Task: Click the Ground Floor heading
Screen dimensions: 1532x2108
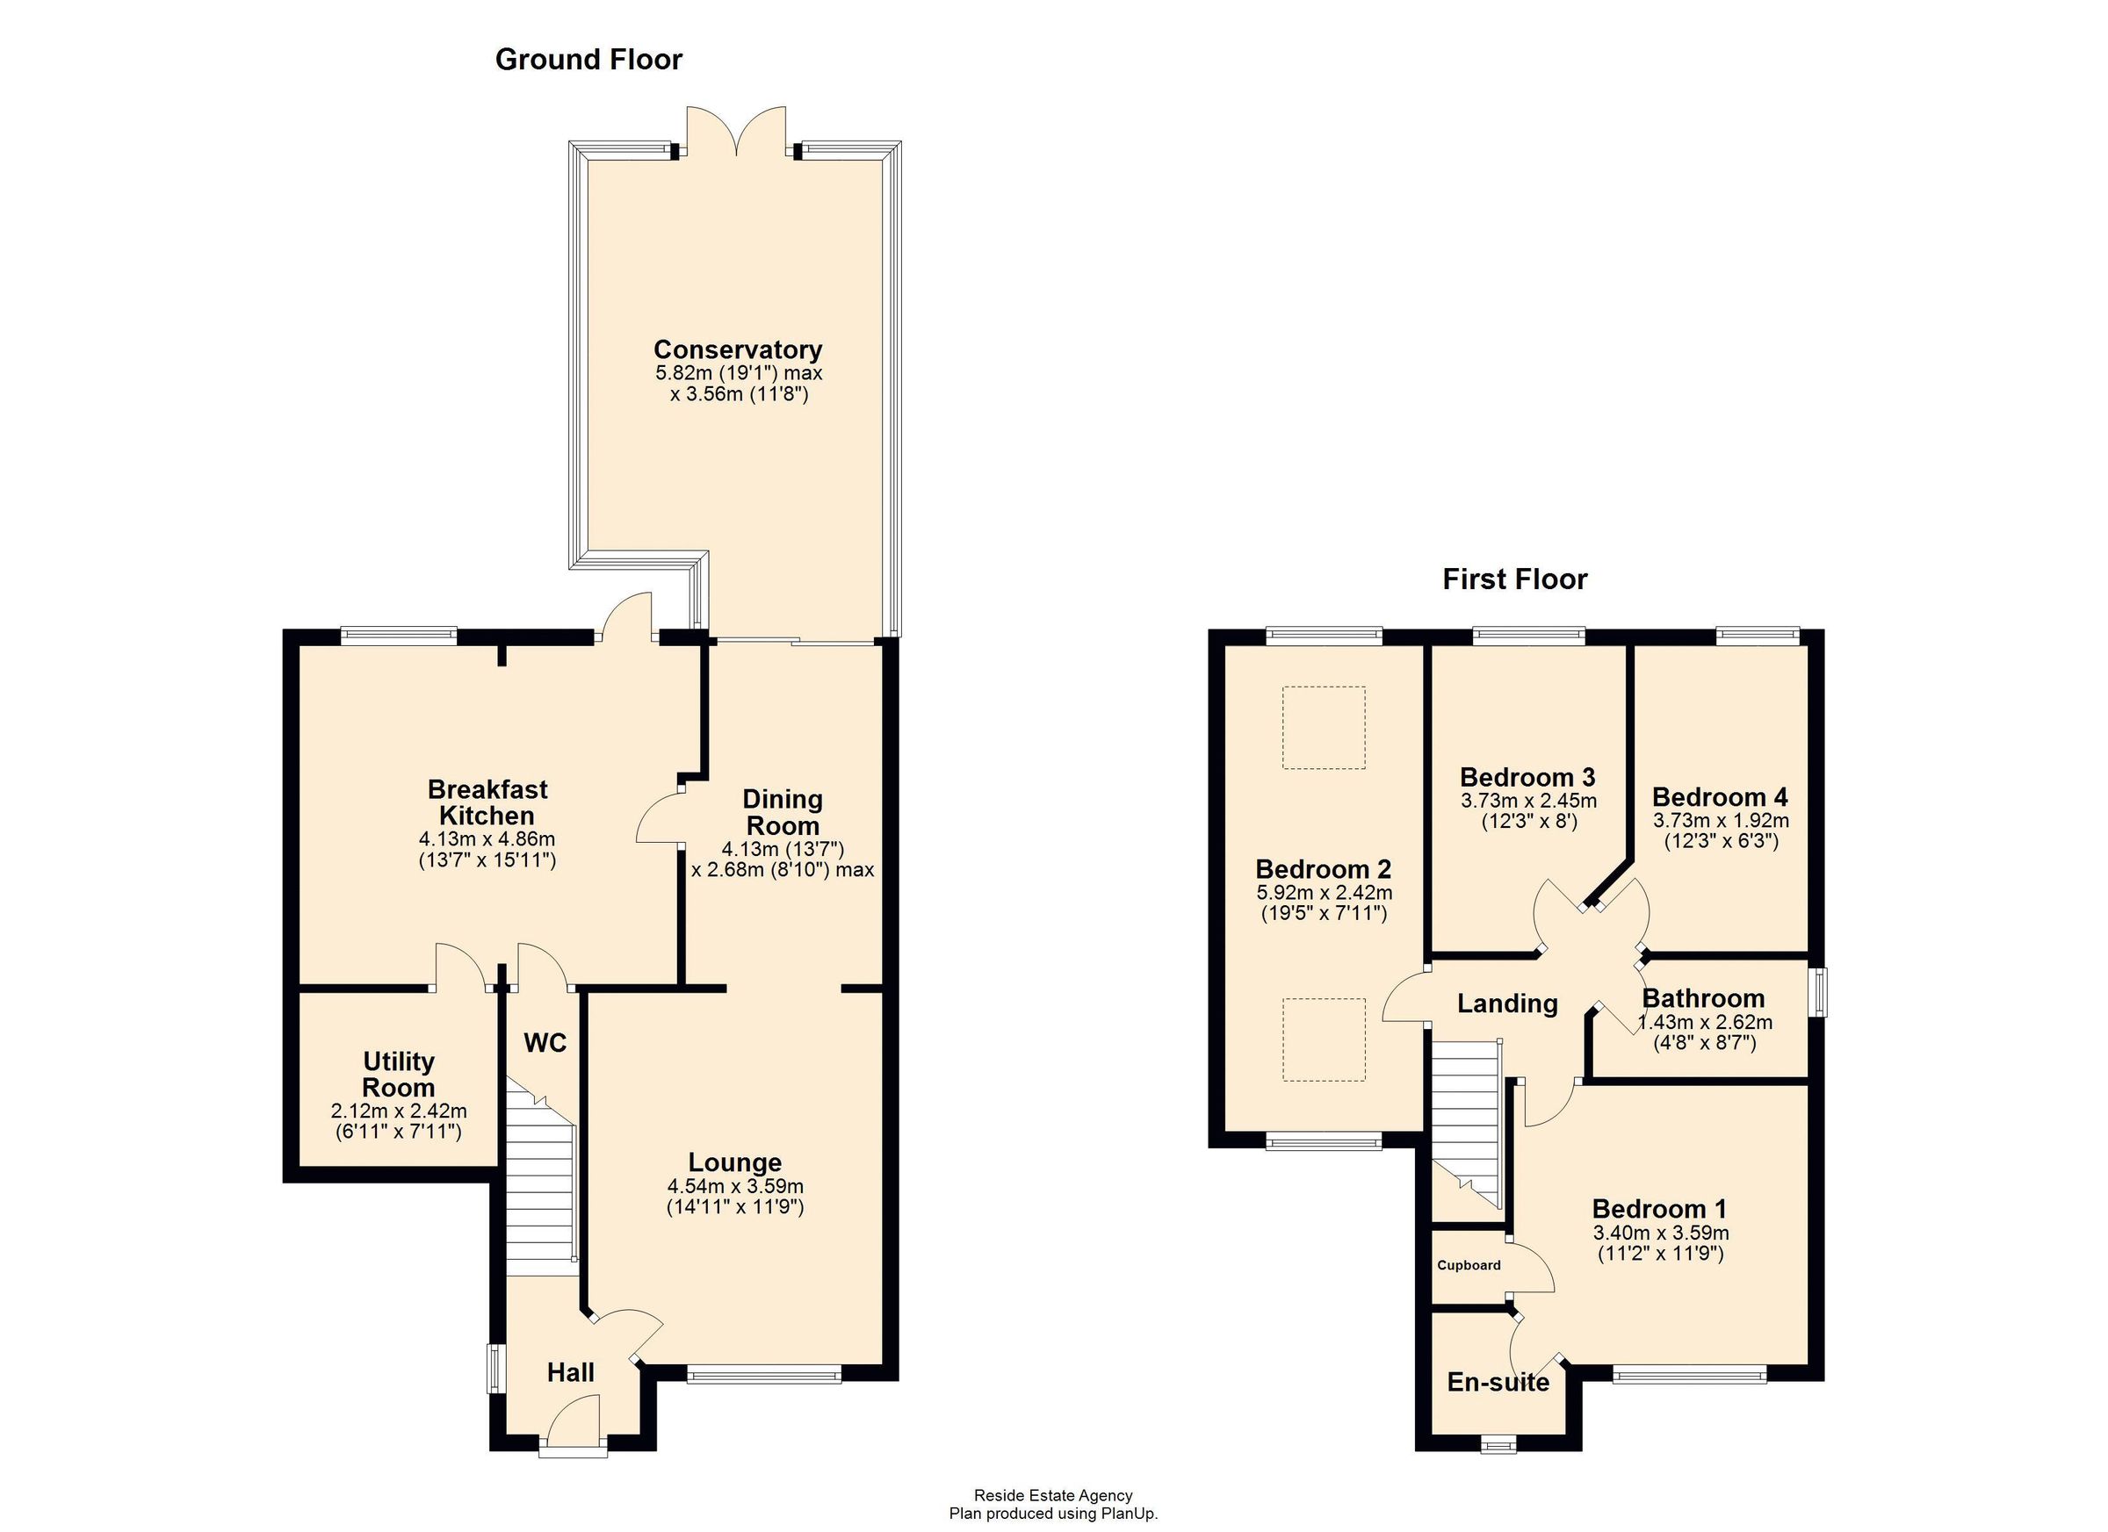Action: click(x=588, y=60)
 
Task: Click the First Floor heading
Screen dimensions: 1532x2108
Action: click(x=1514, y=579)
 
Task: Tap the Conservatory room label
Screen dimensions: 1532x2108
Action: click(x=738, y=349)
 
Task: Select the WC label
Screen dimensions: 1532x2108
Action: click(x=545, y=1043)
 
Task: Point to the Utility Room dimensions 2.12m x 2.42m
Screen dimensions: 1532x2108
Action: click(x=399, y=1111)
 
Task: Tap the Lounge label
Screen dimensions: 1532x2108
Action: click(x=734, y=1162)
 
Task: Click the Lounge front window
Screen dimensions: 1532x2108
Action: click(x=764, y=1376)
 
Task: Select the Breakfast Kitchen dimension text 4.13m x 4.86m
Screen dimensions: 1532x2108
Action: click(x=487, y=839)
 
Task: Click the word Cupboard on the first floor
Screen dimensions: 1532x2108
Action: click(x=1469, y=1265)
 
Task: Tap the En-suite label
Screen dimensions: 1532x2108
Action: click(x=1498, y=1383)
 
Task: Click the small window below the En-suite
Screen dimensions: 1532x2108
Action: click(x=1498, y=1445)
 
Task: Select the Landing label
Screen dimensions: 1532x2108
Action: click(x=1507, y=1003)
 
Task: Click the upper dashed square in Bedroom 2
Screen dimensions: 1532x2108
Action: click(x=1324, y=728)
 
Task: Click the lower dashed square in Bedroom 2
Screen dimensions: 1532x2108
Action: click(x=1324, y=1039)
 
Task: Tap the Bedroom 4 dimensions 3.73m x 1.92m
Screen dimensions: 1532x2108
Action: click(x=1721, y=821)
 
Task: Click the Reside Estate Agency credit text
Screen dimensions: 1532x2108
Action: click(x=1053, y=1496)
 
